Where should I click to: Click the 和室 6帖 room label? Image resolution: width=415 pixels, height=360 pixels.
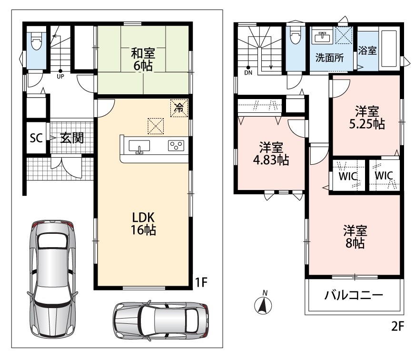pyautogui.click(x=143, y=60)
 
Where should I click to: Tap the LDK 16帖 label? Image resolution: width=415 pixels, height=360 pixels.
pyautogui.click(x=143, y=224)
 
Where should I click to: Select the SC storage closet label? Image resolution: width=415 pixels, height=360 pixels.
pyautogui.click(x=36, y=138)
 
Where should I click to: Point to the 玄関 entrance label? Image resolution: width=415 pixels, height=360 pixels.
pyautogui.click(x=72, y=138)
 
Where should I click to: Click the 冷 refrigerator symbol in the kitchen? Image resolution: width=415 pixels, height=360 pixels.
pyautogui.click(x=179, y=108)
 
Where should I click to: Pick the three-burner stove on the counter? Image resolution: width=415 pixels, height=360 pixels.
pyautogui.click(x=176, y=146)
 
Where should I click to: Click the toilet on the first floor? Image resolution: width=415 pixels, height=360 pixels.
pyautogui.click(x=37, y=41)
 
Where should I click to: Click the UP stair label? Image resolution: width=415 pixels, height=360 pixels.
pyautogui.click(x=60, y=77)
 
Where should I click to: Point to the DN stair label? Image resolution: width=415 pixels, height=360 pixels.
pyautogui.click(x=248, y=73)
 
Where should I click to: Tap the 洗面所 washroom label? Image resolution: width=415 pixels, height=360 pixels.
pyautogui.click(x=329, y=58)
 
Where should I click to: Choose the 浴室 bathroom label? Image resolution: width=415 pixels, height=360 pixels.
pyautogui.click(x=367, y=50)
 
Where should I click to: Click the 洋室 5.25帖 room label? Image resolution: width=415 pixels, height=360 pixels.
pyautogui.click(x=367, y=118)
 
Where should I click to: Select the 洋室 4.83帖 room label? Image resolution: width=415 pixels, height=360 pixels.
pyautogui.click(x=271, y=154)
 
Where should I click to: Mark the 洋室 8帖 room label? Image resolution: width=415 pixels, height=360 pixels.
pyautogui.click(x=355, y=237)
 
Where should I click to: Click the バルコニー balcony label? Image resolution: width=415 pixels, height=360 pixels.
pyautogui.click(x=354, y=295)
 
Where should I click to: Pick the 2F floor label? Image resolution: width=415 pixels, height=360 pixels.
pyautogui.click(x=397, y=326)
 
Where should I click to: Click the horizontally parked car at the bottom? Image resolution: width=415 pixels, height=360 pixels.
pyautogui.click(x=161, y=320)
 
